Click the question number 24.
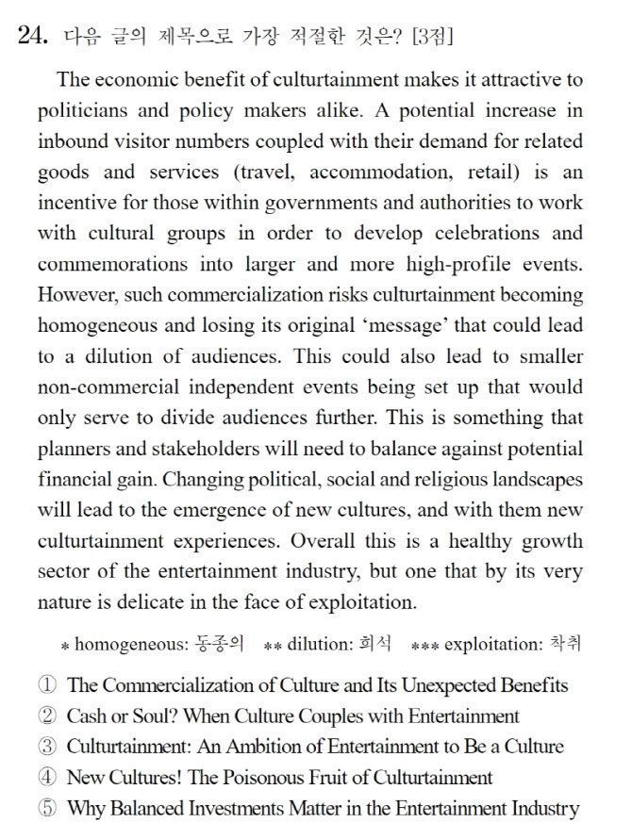click(x=34, y=37)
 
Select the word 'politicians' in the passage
click(x=80, y=111)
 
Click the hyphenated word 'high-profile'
click(x=457, y=265)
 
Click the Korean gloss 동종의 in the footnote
click(x=220, y=646)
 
